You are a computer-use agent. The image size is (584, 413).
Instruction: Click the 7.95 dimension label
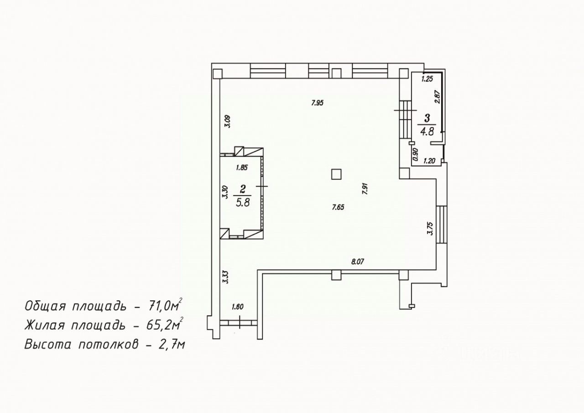[317, 103]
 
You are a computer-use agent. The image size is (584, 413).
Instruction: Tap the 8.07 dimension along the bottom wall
[357, 261]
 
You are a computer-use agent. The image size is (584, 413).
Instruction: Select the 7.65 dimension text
[338, 207]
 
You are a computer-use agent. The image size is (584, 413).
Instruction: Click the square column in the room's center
[336, 174]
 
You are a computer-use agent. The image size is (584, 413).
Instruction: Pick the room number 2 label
[243, 189]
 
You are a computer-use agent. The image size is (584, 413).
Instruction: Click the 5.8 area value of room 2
[243, 203]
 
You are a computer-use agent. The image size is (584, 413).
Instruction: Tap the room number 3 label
[427, 118]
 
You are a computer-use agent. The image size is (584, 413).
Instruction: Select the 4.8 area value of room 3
[427, 131]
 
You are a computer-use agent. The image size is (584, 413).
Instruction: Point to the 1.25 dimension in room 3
[427, 79]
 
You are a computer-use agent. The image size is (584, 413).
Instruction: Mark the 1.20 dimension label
[429, 161]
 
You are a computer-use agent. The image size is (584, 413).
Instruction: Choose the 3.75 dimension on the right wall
[430, 228]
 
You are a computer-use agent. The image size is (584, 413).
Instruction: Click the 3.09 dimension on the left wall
[228, 121]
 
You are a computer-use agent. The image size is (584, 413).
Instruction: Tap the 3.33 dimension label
[225, 277]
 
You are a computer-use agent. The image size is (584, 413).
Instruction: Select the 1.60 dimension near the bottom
[238, 307]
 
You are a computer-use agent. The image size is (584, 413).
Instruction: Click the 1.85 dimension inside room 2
[242, 167]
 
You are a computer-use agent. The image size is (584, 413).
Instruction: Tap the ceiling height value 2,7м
[172, 345]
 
